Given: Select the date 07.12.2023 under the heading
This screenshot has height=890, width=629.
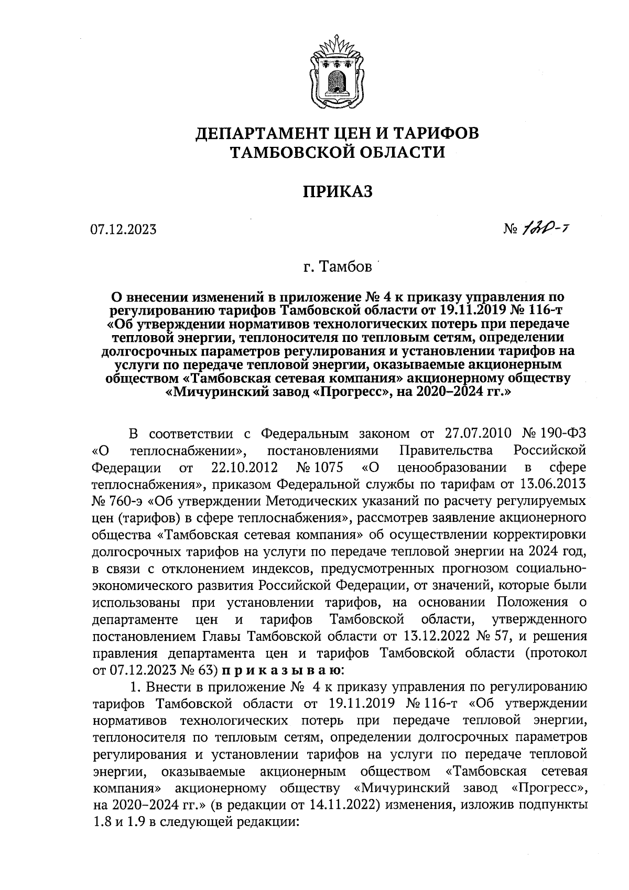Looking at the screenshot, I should [123, 229].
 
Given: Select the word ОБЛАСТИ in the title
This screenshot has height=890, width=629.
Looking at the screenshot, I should [402, 152].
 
